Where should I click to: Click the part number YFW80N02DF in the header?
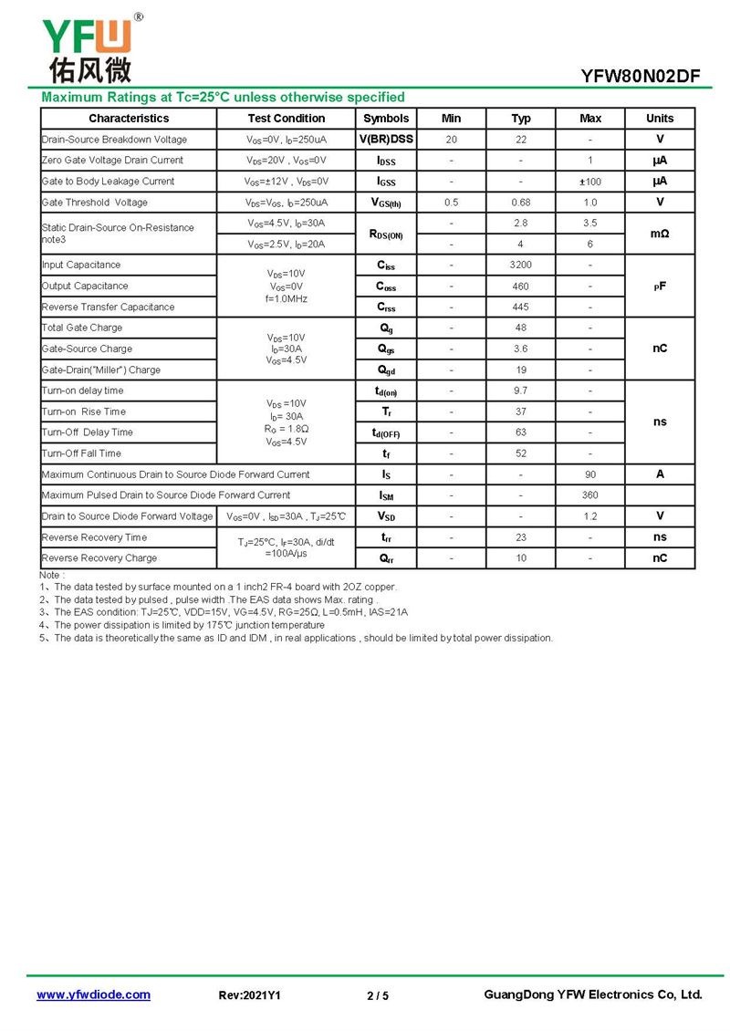pos(641,77)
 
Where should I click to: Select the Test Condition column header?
pos(286,119)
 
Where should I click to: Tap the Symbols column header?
pos(386,119)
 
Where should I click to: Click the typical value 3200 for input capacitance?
pos(520,266)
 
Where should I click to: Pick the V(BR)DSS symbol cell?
pos(386,140)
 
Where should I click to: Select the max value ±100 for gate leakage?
pos(590,182)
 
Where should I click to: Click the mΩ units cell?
pos(660,234)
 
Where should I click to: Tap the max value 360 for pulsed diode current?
pos(590,495)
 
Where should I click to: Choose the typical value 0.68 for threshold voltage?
pos(520,203)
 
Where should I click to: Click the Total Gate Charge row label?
pos(82,328)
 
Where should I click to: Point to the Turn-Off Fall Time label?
pos(81,453)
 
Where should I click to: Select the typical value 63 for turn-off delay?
pos(520,432)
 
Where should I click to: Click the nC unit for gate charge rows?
pos(660,349)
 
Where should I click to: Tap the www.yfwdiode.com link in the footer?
pos(93,995)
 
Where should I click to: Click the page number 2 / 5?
pos(378,995)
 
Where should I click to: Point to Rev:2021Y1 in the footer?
pos(250,995)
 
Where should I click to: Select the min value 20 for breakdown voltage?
pos(452,140)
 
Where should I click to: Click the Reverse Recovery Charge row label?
pos(99,558)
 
